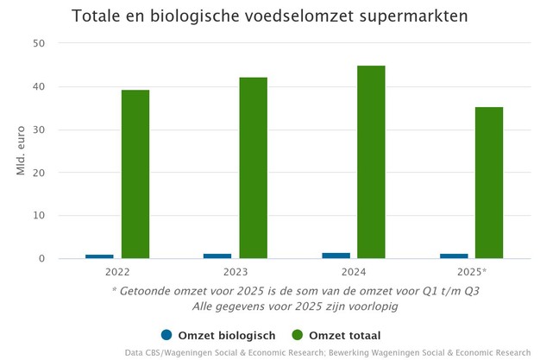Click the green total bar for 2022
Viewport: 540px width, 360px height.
[135, 174]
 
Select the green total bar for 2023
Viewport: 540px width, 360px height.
[254, 167]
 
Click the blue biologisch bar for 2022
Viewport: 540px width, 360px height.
[99, 256]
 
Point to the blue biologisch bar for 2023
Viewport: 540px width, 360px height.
[217, 256]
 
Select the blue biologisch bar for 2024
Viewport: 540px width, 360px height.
[336, 256]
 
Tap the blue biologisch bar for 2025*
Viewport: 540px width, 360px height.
[454, 256]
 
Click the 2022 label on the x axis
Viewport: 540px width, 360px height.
[117, 272]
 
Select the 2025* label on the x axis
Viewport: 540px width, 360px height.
[472, 272]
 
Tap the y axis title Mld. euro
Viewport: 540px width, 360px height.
[21, 151]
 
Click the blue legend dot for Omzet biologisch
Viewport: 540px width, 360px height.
[167, 335]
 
